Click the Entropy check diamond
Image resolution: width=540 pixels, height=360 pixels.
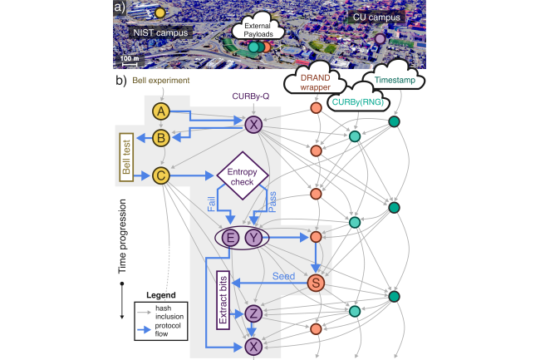pyautogui.click(x=243, y=176)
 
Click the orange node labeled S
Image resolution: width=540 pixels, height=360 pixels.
pyautogui.click(x=316, y=284)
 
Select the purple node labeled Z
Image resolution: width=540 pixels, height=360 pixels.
pyautogui.click(x=253, y=313)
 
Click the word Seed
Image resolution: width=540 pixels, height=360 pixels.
pyautogui.click(x=287, y=276)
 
